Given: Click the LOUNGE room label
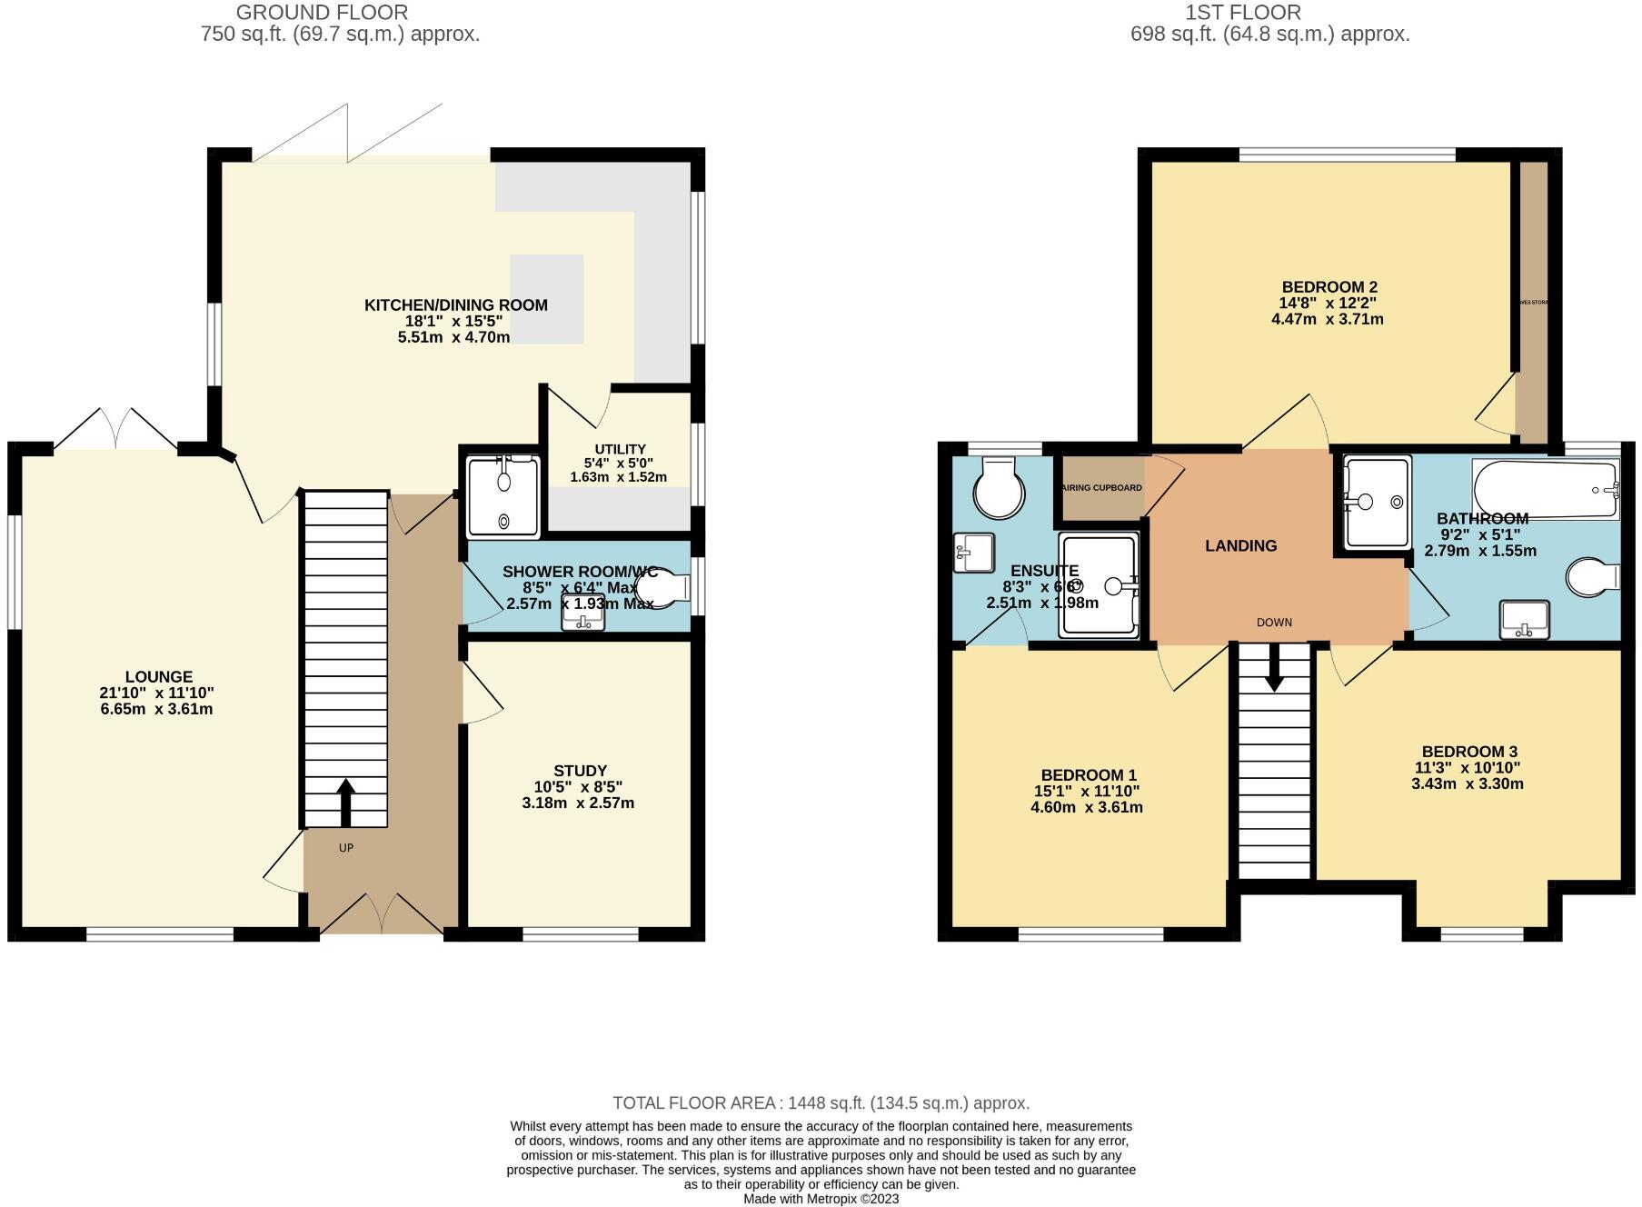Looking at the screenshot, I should click(x=158, y=677).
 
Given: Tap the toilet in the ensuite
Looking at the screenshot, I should click(x=999, y=490).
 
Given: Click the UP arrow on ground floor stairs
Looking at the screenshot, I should click(x=345, y=803).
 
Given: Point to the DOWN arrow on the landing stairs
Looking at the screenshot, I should click(x=1274, y=668).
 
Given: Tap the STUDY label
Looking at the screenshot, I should click(x=580, y=771).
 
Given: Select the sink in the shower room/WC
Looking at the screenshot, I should click(x=582, y=613).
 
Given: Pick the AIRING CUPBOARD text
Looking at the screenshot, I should click(x=1101, y=488).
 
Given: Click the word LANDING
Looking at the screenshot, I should click(x=1240, y=546).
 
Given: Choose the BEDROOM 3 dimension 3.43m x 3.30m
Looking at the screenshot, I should click(x=1468, y=783).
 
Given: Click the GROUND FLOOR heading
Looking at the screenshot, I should click(x=322, y=13).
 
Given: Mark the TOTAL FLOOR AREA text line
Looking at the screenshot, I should click(x=821, y=1103).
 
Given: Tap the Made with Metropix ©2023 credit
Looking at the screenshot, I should click(x=821, y=1199).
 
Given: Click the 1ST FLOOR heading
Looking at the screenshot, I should click(x=1242, y=13).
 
